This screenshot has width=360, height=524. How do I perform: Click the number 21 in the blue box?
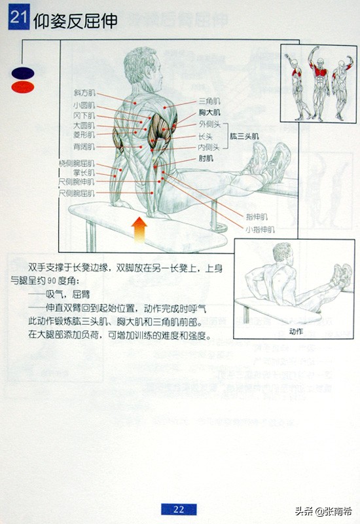pos(18,20)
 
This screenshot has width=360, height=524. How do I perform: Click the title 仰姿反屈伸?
pos(75,20)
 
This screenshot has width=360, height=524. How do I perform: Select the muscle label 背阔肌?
pos(84,147)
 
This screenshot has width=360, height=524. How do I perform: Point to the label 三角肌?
pos(209,102)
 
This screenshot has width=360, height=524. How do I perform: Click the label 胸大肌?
pos(209,113)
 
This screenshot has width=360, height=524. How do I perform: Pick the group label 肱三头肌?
pos(244,136)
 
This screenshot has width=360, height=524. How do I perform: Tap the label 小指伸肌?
pos(260,230)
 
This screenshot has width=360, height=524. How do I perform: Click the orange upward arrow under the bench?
pos(139,230)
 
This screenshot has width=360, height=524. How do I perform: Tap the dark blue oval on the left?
pos(22,73)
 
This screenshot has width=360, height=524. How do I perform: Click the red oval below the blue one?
pos(22,86)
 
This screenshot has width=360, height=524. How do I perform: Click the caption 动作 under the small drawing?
pos(296,331)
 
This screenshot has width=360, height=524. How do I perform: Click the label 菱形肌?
pos(84,136)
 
